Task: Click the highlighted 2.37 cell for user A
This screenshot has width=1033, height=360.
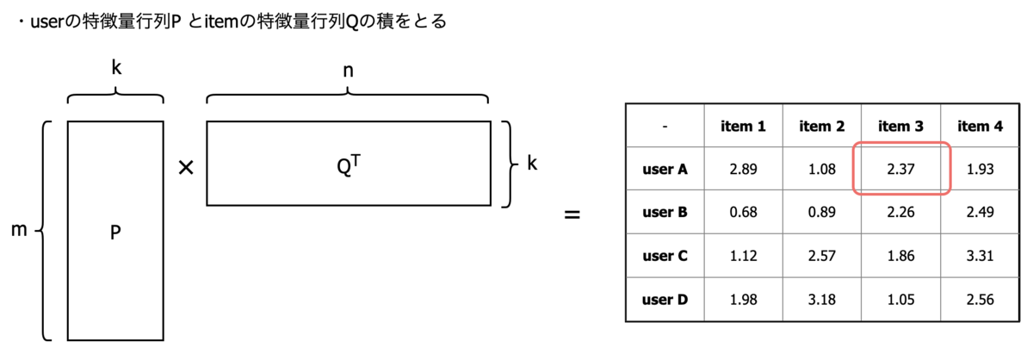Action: pyautogui.click(x=900, y=170)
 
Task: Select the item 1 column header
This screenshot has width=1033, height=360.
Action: pyautogui.click(x=743, y=127)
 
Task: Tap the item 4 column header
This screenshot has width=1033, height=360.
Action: pyautogui.click(x=979, y=127)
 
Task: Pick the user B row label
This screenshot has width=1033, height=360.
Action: pyautogui.click(x=665, y=213)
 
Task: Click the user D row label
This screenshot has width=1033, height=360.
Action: pyautogui.click(x=665, y=299)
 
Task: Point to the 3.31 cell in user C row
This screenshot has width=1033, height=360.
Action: pyautogui.click(x=979, y=256)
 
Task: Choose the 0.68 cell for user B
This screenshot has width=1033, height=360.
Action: pyautogui.click(x=743, y=213)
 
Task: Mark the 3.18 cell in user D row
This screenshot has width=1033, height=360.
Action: pyautogui.click(x=821, y=299)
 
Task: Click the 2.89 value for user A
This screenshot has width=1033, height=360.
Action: pyautogui.click(x=743, y=170)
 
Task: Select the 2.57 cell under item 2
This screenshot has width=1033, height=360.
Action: pyautogui.click(x=821, y=256)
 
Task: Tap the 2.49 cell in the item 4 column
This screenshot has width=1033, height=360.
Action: pyautogui.click(x=979, y=213)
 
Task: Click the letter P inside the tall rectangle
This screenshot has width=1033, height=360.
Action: pyautogui.click(x=114, y=233)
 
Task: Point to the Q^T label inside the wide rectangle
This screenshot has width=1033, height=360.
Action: pyautogui.click(x=347, y=164)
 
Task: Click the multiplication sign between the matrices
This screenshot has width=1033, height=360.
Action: pyautogui.click(x=184, y=169)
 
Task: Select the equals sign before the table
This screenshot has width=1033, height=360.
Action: pyautogui.click(x=571, y=213)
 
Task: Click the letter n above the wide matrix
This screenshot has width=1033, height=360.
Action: pyautogui.click(x=348, y=71)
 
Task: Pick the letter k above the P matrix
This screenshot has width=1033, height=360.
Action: pyautogui.click(x=115, y=69)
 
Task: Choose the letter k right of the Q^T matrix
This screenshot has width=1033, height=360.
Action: pyautogui.click(x=532, y=163)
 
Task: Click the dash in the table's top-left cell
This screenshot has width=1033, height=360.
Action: pyautogui.click(x=665, y=127)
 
